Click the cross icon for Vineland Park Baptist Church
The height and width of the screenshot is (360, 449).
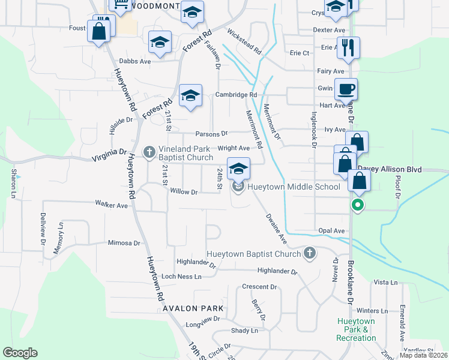150,153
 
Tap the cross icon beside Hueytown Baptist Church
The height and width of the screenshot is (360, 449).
310,253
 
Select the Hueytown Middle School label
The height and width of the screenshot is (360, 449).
294,187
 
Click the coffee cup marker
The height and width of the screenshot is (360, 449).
346,90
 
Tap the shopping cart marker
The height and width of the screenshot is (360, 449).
121,6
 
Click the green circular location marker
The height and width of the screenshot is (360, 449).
358,206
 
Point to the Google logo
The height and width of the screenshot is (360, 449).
20,353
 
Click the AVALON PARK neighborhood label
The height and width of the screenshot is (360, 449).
193,308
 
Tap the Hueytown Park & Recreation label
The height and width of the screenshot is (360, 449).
356,329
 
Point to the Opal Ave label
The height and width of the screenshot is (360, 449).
332,230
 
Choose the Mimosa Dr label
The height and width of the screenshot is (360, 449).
124,243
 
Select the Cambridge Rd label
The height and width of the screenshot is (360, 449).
237,95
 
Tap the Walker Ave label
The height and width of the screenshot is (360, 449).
112,205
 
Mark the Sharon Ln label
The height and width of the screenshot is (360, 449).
13,184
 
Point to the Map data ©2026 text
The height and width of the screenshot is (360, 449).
423,355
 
